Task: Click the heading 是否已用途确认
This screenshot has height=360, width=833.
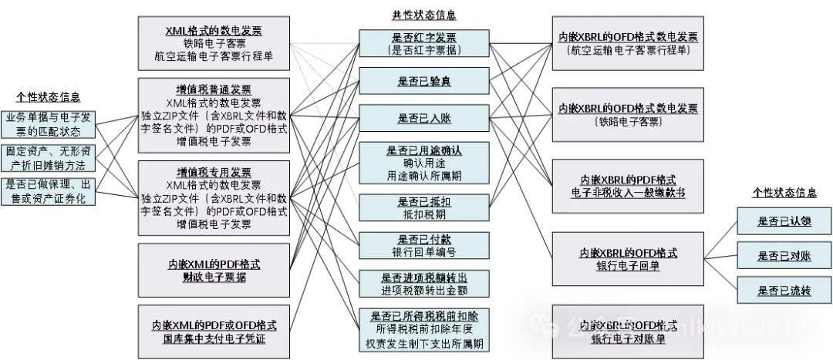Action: coord(424,150)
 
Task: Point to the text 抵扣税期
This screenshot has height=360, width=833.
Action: coord(424,214)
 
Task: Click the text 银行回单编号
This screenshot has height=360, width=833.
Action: coord(424,252)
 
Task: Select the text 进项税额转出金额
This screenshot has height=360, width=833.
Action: coord(424,289)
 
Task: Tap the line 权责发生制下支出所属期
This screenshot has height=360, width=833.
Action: coord(424,343)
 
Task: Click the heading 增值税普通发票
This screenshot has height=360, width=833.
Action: coord(214,89)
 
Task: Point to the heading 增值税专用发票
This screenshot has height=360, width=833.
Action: coord(214,171)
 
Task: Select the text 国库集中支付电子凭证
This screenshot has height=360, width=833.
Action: coord(214,338)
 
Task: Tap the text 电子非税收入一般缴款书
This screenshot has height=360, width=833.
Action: coord(627,193)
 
